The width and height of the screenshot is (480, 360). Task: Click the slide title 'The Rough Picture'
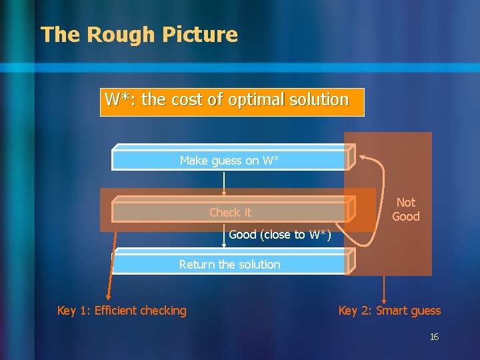(x=139, y=35)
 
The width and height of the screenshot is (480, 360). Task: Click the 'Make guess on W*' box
(x=229, y=160)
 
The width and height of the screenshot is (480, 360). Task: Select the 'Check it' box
(x=230, y=213)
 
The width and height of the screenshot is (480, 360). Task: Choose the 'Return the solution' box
(x=229, y=264)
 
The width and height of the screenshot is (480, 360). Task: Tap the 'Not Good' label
(x=405, y=209)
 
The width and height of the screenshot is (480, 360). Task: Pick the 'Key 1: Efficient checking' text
(x=122, y=311)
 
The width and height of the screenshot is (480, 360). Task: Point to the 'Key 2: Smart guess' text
(x=389, y=311)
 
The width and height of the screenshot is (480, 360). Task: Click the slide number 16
(x=434, y=337)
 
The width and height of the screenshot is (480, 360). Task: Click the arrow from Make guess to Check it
(x=224, y=183)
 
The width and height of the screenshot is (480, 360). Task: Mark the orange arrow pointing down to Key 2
(x=384, y=288)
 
